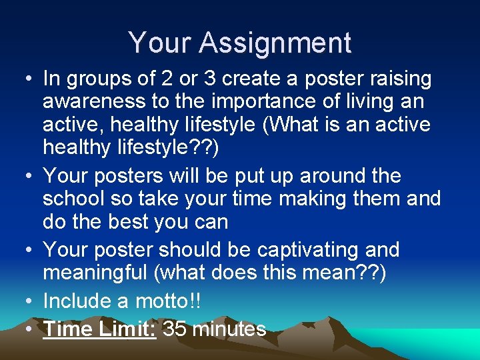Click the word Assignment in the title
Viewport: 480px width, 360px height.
(x=275, y=43)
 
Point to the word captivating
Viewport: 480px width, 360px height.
(x=307, y=251)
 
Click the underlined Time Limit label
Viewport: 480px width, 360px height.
(x=100, y=329)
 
